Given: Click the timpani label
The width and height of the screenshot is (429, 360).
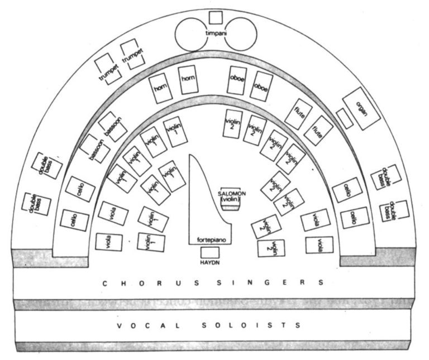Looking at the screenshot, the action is [x=216, y=33].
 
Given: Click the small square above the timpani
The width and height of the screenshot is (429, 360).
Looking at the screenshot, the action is [x=216, y=18].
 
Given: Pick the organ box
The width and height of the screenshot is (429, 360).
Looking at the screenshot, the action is [x=361, y=108].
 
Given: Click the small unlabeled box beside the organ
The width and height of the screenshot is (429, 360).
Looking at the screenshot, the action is [x=345, y=118].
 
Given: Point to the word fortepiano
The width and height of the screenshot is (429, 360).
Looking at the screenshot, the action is [x=212, y=240].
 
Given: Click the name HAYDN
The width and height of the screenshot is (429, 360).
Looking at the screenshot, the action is [x=210, y=263].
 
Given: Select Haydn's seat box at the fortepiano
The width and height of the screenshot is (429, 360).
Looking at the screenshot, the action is [x=210, y=253].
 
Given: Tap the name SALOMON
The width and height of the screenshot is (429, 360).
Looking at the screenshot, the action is [x=232, y=194].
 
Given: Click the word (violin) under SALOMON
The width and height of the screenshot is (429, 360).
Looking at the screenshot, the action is [x=231, y=199].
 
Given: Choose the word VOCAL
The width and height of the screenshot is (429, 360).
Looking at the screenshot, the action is [x=149, y=326].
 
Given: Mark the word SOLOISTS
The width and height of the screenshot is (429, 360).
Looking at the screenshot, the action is [x=251, y=325].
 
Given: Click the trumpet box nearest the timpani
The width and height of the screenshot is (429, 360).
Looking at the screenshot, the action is [x=132, y=54].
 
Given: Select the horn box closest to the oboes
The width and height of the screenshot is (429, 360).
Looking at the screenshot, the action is [x=188, y=80].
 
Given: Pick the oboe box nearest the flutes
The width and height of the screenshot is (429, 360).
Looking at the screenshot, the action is [x=261, y=87].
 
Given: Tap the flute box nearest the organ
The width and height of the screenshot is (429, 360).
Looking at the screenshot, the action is [x=318, y=131].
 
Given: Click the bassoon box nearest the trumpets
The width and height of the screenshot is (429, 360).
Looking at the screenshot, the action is [x=113, y=127].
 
